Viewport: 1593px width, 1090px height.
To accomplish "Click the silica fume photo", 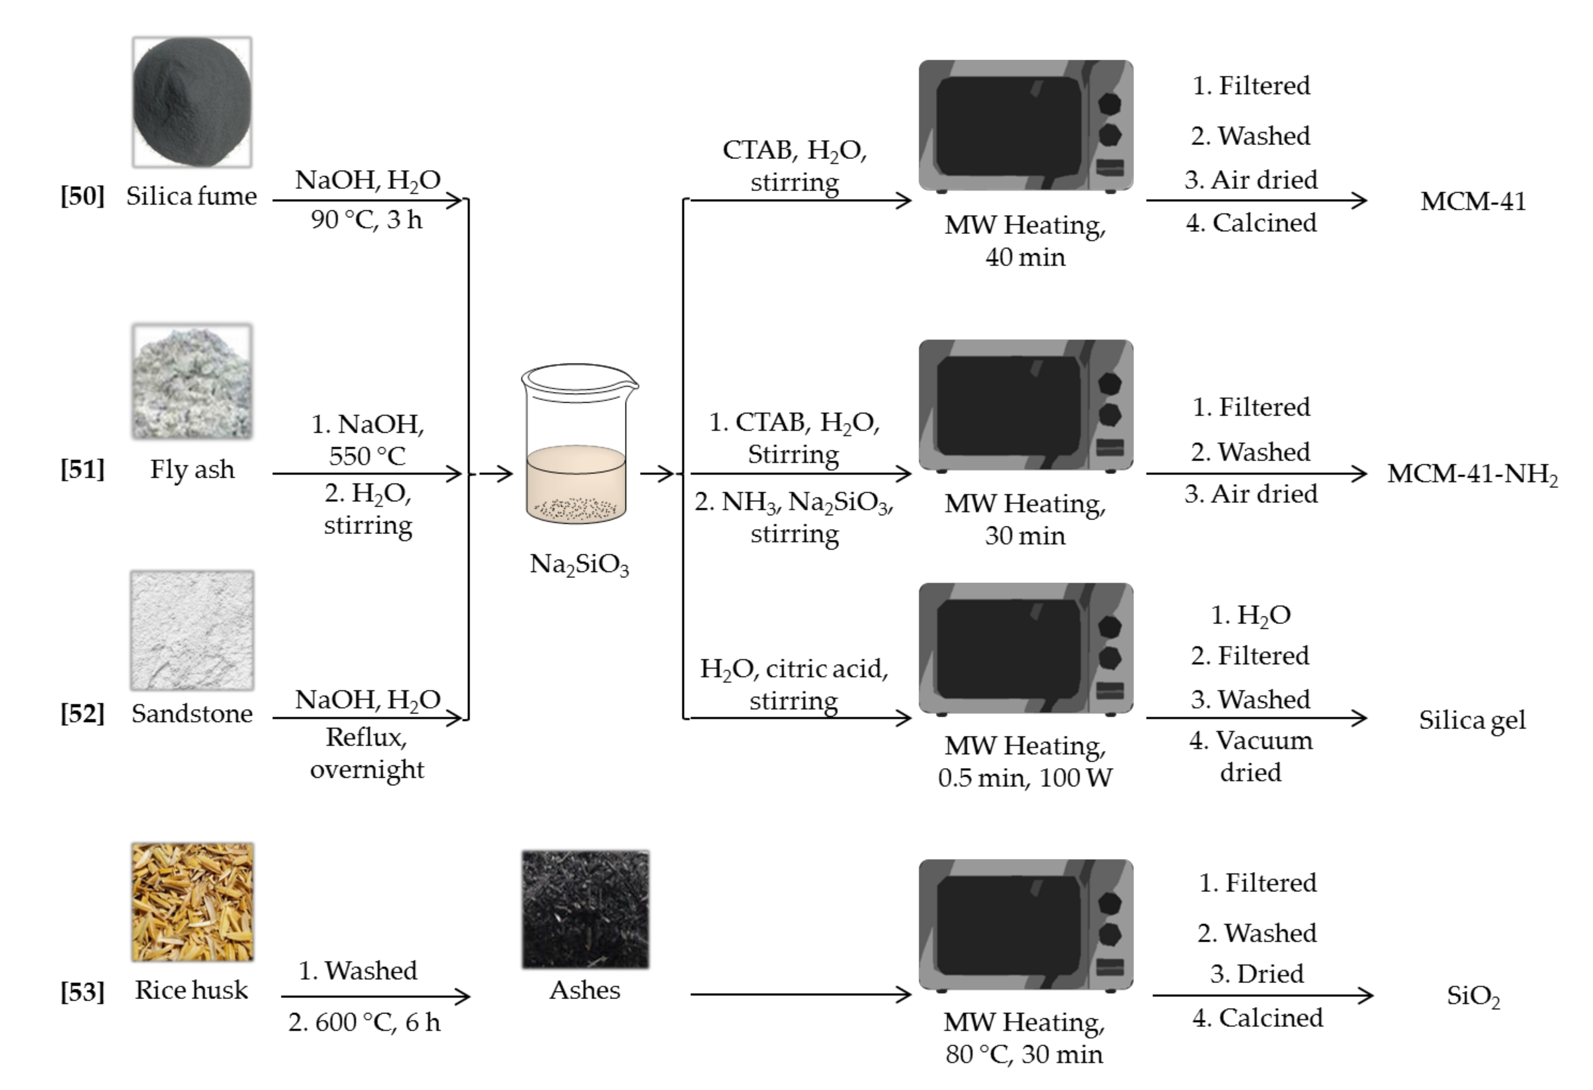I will pyautogui.click(x=192, y=103).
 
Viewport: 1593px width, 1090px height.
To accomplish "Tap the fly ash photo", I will pyautogui.click(x=192, y=382).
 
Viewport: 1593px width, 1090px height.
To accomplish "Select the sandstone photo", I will pyautogui.click(x=192, y=630).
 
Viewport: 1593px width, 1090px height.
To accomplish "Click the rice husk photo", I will pyautogui.click(x=192, y=901).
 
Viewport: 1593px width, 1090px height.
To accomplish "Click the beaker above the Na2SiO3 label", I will pyautogui.click(x=578, y=445).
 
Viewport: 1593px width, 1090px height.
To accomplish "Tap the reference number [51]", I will pyautogui.click(x=82, y=470).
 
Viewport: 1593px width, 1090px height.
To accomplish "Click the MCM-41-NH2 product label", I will pyautogui.click(x=1472, y=474).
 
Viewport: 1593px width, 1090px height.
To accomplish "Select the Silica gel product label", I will pyautogui.click(x=1472, y=720).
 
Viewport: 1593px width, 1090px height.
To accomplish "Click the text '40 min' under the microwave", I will pyautogui.click(x=1025, y=258).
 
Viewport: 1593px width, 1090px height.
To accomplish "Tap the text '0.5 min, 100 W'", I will pyautogui.click(x=1025, y=778).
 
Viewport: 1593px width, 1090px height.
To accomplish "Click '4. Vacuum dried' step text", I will pyautogui.click(x=1250, y=756).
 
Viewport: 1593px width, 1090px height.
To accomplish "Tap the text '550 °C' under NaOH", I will pyautogui.click(x=367, y=456).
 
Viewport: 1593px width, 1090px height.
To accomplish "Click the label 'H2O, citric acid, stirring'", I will pyautogui.click(x=794, y=684).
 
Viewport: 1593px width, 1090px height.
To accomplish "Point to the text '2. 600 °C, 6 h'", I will pyautogui.click(x=364, y=1023).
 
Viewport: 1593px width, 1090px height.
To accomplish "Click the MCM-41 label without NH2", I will pyautogui.click(x=1472, y=202).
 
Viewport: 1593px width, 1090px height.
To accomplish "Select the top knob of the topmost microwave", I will pyautogui.click(x=1109, y=104).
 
